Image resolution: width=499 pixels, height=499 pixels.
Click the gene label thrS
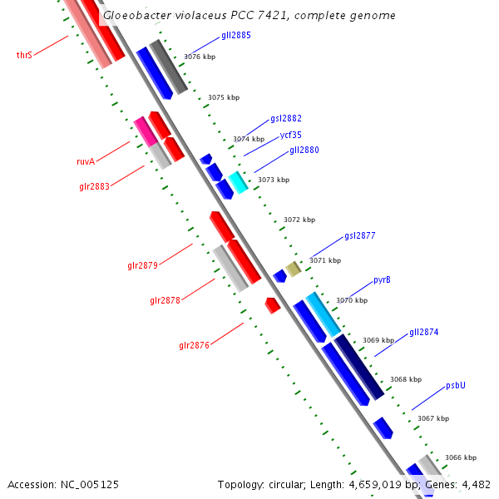tap(24, 55)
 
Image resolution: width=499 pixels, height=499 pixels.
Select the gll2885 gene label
tap(236, 36)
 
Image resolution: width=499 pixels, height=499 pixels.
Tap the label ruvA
tap(86, 161)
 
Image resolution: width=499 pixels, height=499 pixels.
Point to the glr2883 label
tap(94, 186)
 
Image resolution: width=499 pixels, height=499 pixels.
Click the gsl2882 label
tap(286, 118)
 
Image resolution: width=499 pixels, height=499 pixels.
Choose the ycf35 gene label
tap(291, 134)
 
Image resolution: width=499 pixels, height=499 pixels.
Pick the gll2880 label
tap(304, 150)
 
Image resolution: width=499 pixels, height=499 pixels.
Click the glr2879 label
tap(142, 266)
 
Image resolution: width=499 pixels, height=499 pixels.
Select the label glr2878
tap(165, 299)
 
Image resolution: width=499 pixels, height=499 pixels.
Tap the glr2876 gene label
tap(194, 344)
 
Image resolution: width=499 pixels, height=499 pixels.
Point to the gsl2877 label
tap(360, 235)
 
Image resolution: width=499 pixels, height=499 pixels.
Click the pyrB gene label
tap(382, 279)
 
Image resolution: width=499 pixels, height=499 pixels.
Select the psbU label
tap(455, 385)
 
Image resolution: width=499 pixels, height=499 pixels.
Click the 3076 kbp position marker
tap(200, 57)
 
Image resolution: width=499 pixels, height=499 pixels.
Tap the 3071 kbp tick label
tap(324, 260)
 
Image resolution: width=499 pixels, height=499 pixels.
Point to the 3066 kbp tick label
tap(460, 457)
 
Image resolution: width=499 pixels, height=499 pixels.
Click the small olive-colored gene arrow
tap(293, 269)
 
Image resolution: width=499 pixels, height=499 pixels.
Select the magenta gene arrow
tap(145, 131)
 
